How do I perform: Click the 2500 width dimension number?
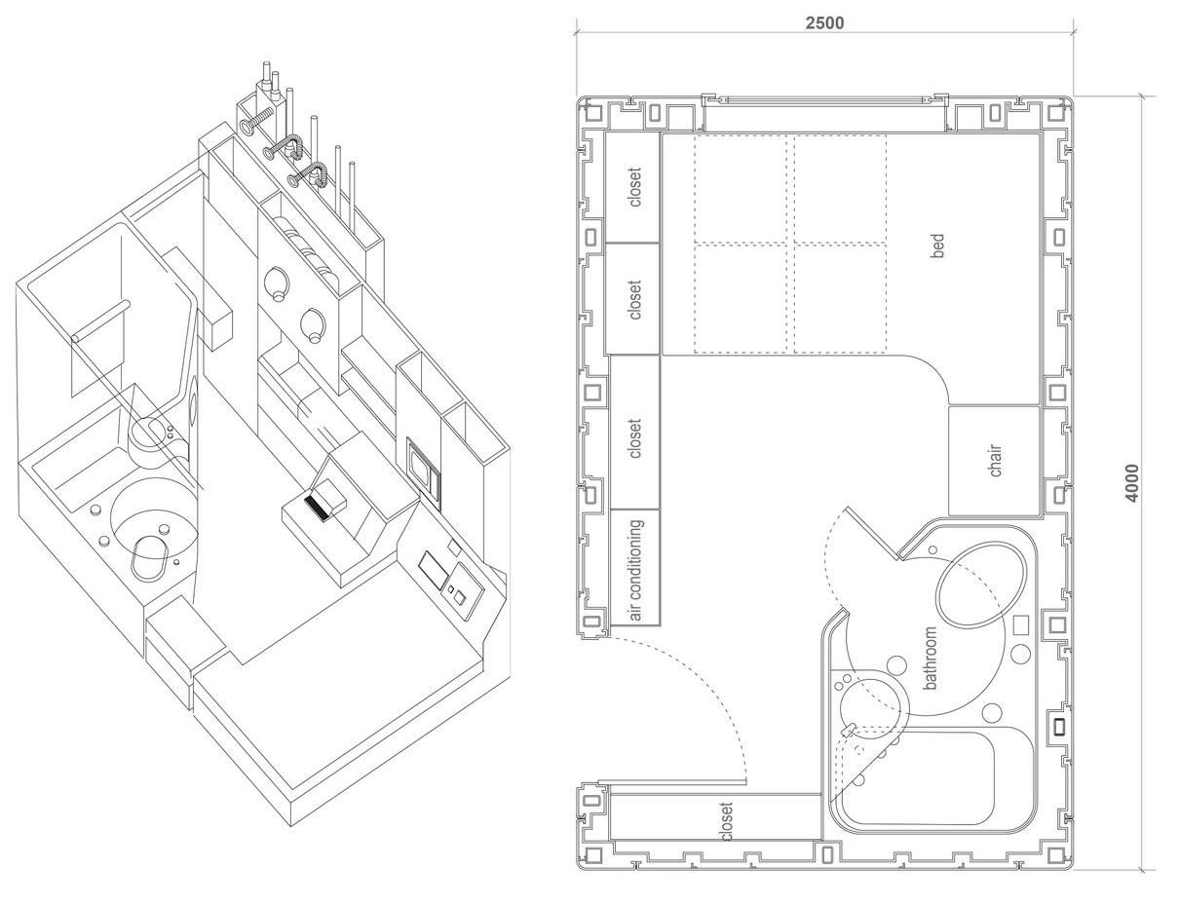[824, 23]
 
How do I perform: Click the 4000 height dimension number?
[1132, 483]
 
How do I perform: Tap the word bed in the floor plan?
[937, 245]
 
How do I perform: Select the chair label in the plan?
[995, 461]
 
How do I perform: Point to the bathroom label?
[931, 659]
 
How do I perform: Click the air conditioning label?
[634, 570]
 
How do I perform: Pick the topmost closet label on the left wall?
[634, 187]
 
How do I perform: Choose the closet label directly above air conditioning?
[634, 438]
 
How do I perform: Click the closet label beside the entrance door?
[726, 821]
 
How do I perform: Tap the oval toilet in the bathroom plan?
[982, 584]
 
